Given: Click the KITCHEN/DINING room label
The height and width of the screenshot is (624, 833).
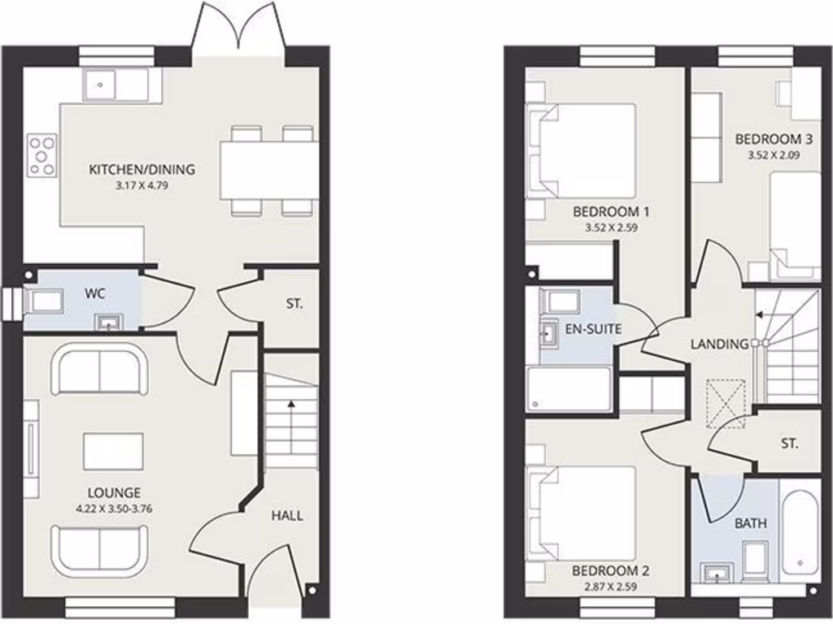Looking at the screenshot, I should [x=142, y=170].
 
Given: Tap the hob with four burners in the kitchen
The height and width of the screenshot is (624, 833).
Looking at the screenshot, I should [x=42, y=155].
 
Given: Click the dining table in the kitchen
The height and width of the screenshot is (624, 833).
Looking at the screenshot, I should [x=268, y=170].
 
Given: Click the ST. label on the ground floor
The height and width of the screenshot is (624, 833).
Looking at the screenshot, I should [x=294, y=305].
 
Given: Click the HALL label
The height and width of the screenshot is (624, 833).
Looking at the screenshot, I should [x=287, y=515].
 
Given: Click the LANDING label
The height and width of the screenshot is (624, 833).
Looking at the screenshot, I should [x=719, y=344].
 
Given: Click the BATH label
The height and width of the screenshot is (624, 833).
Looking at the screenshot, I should [x=750, y=523].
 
